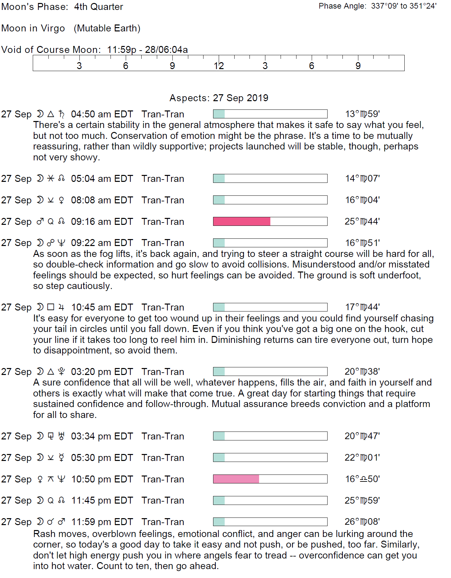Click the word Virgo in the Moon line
53,28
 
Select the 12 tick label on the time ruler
219,66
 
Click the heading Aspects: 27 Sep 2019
219,98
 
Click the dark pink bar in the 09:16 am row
242,222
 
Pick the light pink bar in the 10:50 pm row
236,479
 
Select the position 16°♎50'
362,479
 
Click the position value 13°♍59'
362,114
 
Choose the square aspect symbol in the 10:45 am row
51,307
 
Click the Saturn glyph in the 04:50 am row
62,114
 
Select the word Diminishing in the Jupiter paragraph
236,340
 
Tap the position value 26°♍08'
362,522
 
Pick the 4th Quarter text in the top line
99,7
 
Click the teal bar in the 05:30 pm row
219,458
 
